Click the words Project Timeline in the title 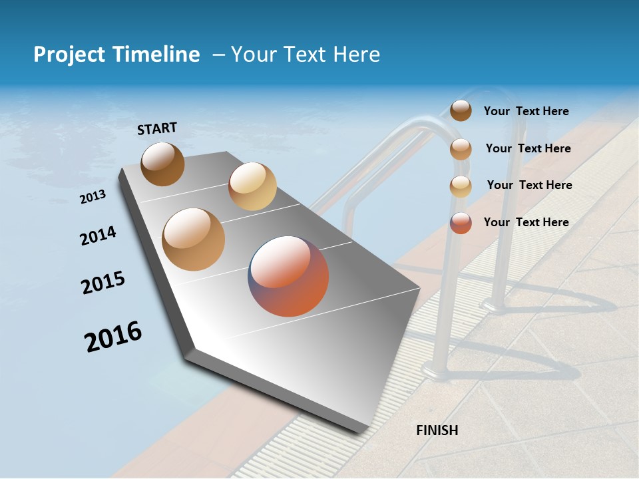tap(116, 55)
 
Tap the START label tap(157, 128)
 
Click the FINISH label tap(437, 430)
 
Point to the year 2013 tap(93, 197)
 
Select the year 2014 tap(99, 236)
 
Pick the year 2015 tap(103, 283)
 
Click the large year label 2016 tap(113, 337)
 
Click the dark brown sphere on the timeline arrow tap(162, 164)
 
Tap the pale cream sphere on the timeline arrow tap(252, 186)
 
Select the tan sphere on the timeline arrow tap(194, 239)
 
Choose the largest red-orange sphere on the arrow tap(288, 276)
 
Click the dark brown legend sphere tap(461, 110)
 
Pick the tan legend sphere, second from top tap(461, 149)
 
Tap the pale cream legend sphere tap(461, 186)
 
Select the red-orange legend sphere tap(461, 223)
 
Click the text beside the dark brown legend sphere tap(526, 111)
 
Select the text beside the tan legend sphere tap(528, 148)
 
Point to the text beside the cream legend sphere tap(529, 185)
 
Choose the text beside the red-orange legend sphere tap(526, 222)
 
